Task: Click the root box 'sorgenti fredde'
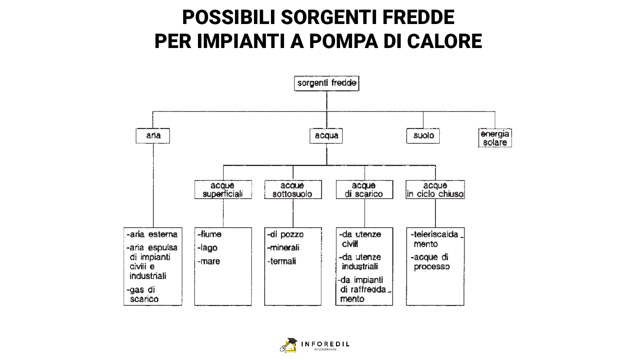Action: (x=327, y=83)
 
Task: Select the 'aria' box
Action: (x=153, y=136)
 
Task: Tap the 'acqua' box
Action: (x=326, y=136)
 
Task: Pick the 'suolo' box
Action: (x=423, y=136)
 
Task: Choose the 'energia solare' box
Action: (x=495, y=138)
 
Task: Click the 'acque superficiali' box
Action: (x=223, y=190)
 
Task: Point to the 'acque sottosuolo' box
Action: (x=293, y=190)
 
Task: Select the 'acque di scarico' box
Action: (x=365, y=190)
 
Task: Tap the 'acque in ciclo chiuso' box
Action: (x=435, y=190)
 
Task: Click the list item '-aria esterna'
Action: (x=152, y=234)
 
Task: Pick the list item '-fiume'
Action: (x=209, y=234)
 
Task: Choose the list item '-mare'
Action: (x=209, y=261)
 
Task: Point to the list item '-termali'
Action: (x=282, y=261)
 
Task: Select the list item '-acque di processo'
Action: (x=430, y=262)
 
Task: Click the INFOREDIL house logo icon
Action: (x=289, y=345)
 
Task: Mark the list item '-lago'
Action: (x=207, y=248)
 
